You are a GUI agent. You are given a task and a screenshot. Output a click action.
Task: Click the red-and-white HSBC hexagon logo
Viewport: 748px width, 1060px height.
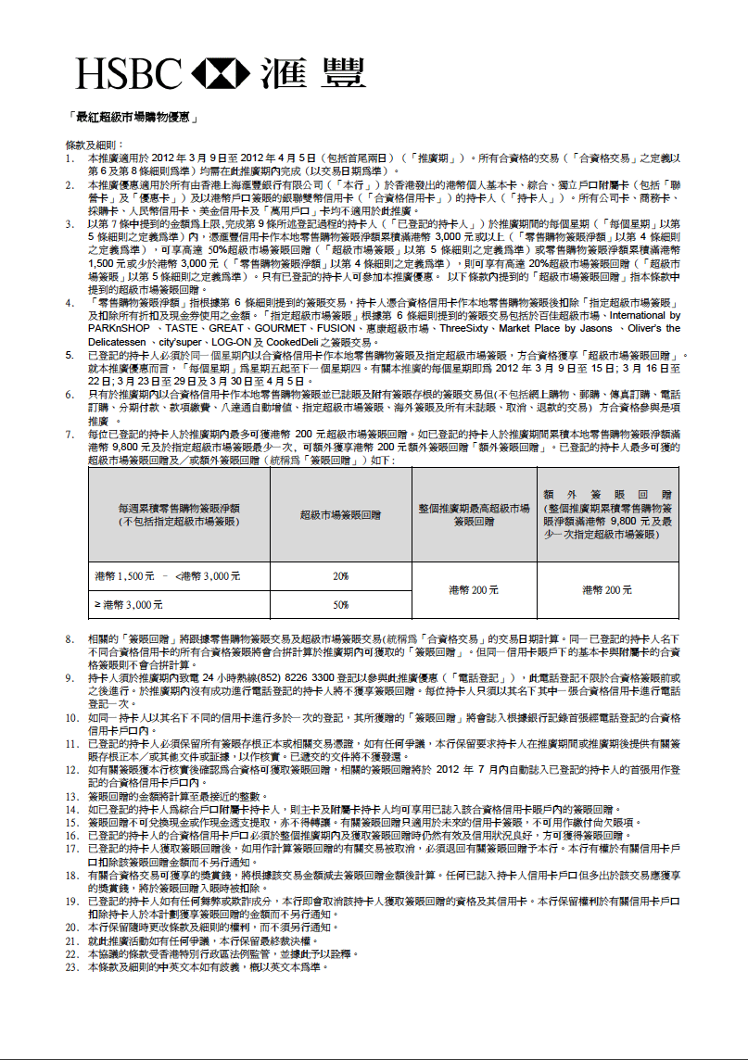[x=220, y=73]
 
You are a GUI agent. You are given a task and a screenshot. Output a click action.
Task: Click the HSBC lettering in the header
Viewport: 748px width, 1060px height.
[x=129, y=73]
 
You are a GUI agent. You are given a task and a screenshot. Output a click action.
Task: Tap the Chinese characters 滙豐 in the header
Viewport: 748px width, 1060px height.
[x=312, y=73]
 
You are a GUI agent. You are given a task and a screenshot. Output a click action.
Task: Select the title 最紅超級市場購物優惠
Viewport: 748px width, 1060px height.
[x=133, y=118]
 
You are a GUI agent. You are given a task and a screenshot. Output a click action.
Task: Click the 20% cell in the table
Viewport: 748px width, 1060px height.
[x=340, y=576]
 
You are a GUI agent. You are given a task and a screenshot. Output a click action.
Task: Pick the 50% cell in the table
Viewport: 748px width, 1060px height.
[x=340, y=604]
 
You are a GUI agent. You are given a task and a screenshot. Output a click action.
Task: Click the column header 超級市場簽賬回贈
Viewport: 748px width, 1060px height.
[x=340, y=515]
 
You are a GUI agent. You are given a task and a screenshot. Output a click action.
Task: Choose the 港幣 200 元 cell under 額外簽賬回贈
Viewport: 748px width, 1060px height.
[x=607, y=589]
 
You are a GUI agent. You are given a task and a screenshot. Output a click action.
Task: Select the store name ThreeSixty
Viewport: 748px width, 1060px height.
[x=468, y=327]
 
